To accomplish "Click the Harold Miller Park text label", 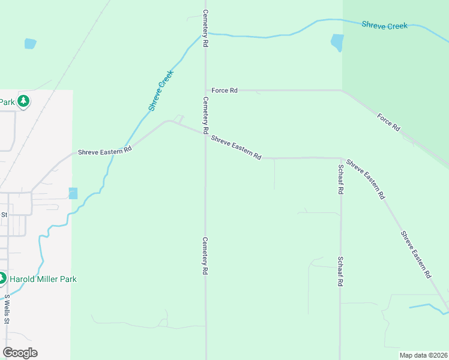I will [x=43, y=279].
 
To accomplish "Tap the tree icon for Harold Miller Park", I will [x=2, y=278].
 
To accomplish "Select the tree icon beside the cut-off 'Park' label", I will [x=23, y=101].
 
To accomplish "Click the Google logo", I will [x=20, y=353].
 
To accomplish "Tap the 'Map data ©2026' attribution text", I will [x=423, y=355].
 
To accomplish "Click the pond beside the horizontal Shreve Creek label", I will [x=337, y=42].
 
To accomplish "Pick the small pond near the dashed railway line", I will [x=30, y=44].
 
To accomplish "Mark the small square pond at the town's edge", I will [x=73, y=193].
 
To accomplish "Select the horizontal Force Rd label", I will [x=224, y=91].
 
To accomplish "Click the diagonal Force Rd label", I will [x=388, y=122].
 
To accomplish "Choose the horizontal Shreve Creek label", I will [x=384, y=25].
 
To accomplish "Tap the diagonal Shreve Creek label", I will [x=160, y=91].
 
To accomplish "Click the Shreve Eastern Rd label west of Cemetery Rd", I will [x=104, y=152].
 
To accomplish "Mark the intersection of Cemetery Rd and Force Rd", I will [x=205, y=91].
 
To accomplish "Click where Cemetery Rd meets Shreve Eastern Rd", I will [x=205, y=134].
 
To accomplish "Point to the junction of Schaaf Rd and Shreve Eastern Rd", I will [x=340, y=158].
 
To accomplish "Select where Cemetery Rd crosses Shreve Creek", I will [x=205, y=34].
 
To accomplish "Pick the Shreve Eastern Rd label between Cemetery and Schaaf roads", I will [x=236, y=148].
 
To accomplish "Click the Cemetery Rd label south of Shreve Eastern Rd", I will [x=205, y=256].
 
